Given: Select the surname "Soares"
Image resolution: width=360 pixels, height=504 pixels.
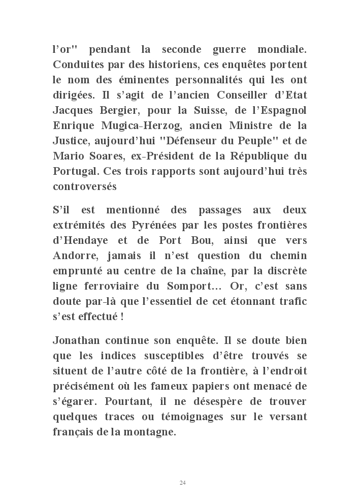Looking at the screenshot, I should click(101, 156).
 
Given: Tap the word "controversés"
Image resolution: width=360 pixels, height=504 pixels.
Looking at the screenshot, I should click(85, 186).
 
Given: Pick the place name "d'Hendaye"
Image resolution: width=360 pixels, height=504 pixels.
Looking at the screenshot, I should click(78, 240).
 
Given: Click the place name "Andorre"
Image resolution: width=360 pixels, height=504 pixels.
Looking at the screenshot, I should click(73, 255).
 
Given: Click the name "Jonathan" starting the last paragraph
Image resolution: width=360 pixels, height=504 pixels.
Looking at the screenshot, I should click(76, 340).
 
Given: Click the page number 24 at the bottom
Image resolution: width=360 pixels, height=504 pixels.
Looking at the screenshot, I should click(182, 482).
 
